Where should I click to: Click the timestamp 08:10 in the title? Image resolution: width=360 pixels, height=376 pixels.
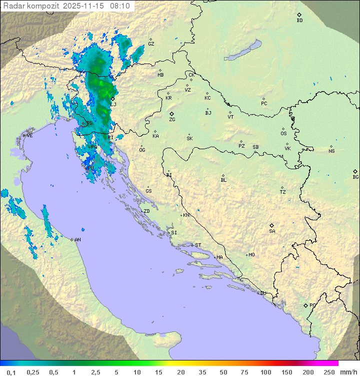[120, 6]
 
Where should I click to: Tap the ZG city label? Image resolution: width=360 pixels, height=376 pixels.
[172, 120]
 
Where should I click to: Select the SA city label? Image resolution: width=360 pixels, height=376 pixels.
[272, 231]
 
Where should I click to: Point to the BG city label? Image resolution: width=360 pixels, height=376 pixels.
[355, 177]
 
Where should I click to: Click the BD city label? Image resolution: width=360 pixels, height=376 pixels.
[299, 21]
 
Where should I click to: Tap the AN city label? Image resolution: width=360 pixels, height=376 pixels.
[77, 240]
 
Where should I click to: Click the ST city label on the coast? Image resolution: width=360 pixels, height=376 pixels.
[198, 245]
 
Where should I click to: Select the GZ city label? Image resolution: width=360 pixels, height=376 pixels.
[151, 44]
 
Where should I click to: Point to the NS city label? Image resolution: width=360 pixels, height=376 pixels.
[331, 151]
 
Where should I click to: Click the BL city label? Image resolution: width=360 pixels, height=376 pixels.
[223, 180]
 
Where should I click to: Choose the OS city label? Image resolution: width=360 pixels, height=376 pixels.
[283, 134]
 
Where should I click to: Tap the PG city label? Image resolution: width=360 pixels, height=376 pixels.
[312, 305]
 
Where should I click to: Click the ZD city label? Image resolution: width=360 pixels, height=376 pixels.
[146, 211]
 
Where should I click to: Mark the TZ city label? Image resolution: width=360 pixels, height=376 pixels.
[283, 192]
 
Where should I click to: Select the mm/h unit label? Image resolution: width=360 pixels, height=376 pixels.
[348, 372]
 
